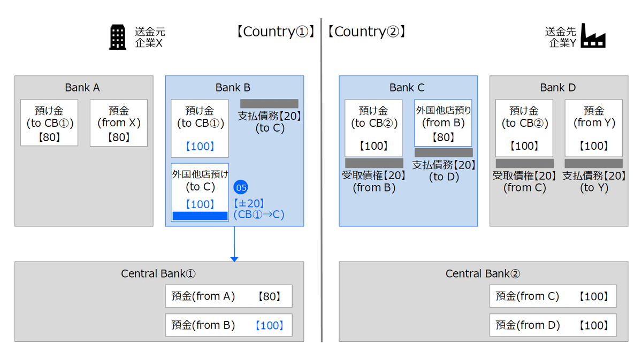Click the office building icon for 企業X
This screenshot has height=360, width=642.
click(x=118, y=37)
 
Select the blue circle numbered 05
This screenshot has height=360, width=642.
click(x=241, y=187)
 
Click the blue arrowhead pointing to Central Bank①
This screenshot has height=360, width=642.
click(x=234, y=259)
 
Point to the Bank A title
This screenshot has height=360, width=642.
click(x=82, y=88)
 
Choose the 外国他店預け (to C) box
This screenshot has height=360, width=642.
click(x=200, y=192)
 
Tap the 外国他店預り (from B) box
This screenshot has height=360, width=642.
click(x=443, y=123)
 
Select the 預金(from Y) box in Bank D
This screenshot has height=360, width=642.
click(x=593, y=128)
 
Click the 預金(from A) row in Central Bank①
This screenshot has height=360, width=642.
click(x=228, y=296)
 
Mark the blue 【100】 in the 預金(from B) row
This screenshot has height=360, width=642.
click(x=269, y=325)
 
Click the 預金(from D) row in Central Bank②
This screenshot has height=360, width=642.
click(x=553, y=325)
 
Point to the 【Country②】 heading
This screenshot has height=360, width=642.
click(x=366, y=32)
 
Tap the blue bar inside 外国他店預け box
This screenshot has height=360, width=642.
click(x=200, y=216)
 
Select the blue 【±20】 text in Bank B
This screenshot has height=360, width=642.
click(x=249, y=203)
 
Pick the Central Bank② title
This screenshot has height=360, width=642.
click(x=483, y=274)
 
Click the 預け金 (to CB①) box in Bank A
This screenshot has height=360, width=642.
click(x=49, y=123)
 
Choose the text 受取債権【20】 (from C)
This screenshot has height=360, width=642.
click(x=525, y=181)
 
